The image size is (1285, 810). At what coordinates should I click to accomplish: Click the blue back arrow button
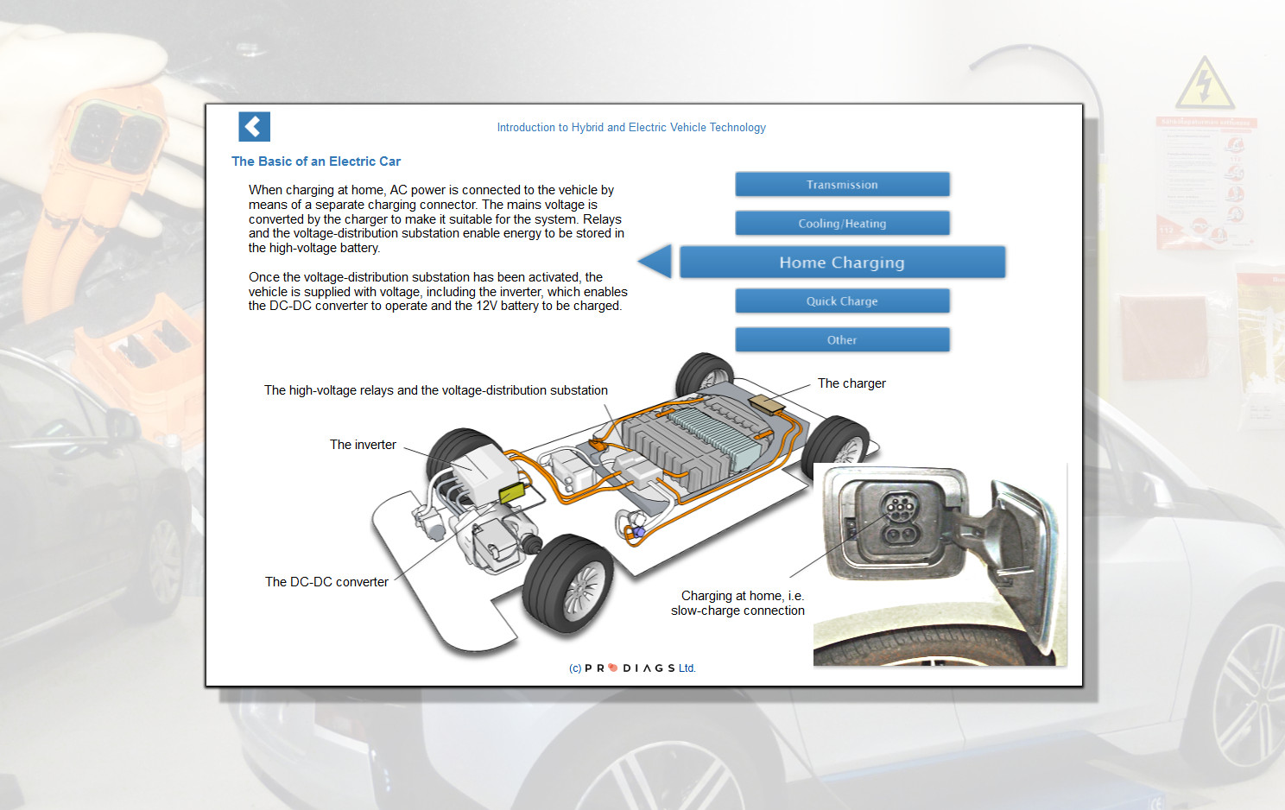pos(254,127)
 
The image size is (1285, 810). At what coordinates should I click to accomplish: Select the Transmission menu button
pos(842,184)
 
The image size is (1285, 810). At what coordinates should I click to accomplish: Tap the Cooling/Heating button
pos(842,223)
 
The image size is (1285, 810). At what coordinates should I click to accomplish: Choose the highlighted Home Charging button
pos(842,262)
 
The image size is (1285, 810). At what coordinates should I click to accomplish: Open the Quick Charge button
pos(842,301)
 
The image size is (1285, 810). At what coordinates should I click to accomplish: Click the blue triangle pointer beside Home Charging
pos(656,262)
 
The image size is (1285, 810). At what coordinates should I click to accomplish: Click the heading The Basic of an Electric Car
pos(316,161)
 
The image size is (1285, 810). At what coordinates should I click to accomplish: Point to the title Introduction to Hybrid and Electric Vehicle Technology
pos(631,127)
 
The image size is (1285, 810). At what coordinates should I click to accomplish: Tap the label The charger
pos(851,383)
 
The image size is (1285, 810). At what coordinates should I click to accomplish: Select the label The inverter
pos(363,445)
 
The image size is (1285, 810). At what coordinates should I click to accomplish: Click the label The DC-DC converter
pos(326,582)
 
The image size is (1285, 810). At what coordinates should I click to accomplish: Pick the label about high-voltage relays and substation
pos(436,390)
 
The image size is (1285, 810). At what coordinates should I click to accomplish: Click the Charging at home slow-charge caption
pos(738,603)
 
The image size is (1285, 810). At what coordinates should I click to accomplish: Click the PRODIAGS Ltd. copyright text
pos(632,668)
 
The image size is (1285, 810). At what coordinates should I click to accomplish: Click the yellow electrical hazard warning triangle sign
pos(1204,85)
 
